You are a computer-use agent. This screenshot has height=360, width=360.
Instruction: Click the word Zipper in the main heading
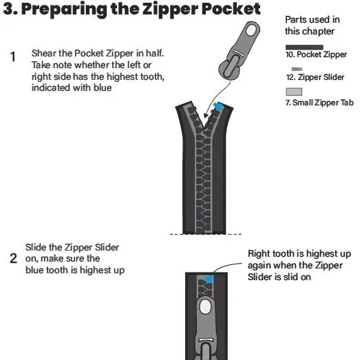click(x=170, y=9)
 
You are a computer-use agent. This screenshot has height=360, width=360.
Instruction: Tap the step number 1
click(x=13, y=57)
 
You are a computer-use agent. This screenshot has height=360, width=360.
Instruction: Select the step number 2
click(x=14, y=259)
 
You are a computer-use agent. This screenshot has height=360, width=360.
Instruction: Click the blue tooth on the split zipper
click(x=219, y=106)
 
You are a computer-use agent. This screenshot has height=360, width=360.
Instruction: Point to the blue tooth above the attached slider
click(x=209, y=279)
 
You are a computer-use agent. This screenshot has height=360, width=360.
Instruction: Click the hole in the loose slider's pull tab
click(x=251, y=30)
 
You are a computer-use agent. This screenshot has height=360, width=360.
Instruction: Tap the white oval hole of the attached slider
click(x=205, y=307)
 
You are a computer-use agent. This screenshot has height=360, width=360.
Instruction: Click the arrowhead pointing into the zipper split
click(x=207, y=114)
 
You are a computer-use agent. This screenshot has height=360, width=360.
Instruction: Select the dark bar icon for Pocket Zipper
click(x=304, y=47)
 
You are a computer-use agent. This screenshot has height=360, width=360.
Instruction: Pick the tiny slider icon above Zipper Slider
click(x=297, y=69)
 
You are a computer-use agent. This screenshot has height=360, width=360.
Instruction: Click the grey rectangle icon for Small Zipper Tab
click(x=294, y=92)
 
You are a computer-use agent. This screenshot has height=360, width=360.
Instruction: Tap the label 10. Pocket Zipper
click(x=316, y=54)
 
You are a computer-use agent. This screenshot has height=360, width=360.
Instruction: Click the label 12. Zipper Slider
click(x=315, y=77)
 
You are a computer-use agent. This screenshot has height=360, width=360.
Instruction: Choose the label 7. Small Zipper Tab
click(x=319, y=103)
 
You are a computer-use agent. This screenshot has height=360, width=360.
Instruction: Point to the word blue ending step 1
click(x=103, y=87)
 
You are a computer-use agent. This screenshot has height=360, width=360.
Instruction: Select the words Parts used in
click(x=313, y=20)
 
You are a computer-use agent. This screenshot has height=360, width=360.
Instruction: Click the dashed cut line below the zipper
click(x=206, y=234)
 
